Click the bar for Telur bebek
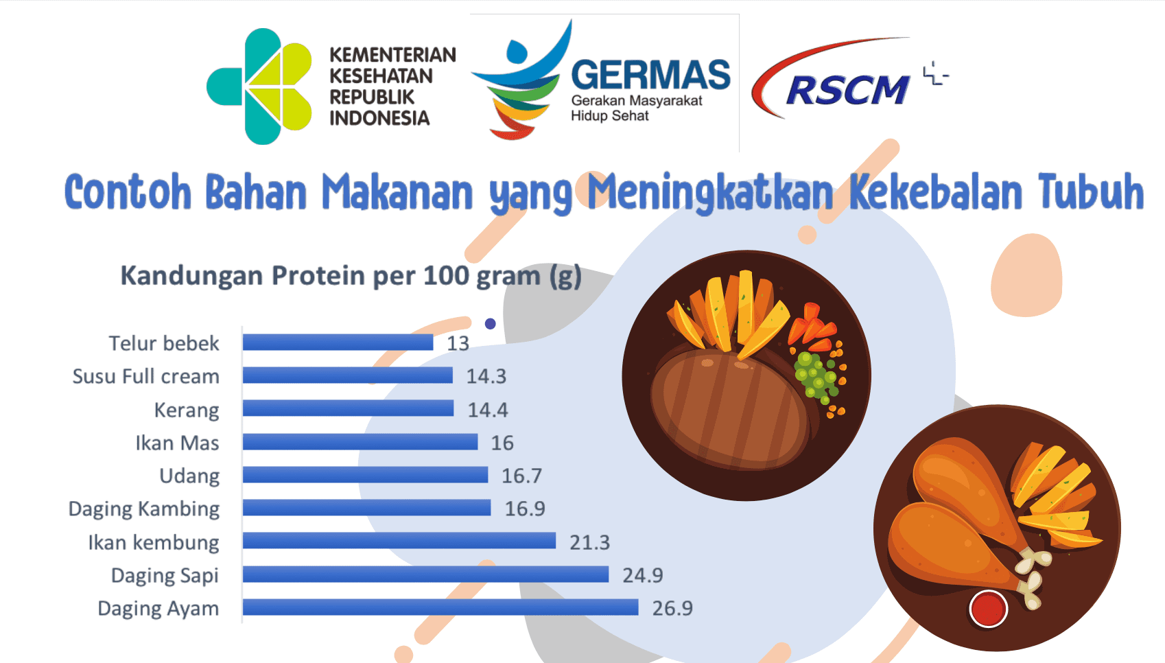(x=338, y=342)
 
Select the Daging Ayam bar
(x=440, y=607)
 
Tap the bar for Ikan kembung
(x=399, y=541)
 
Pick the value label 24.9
(x=643, y=575)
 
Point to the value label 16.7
(x=521, y=476)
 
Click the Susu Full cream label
(x=145, y=376)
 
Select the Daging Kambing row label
(x=144, y=509)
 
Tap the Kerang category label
(x=187, y=410)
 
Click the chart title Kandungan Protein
(x=351, y=277)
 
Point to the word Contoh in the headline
(x=128, y=193)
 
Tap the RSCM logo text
(x=848, y=90)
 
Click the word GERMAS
(x=650, y=75)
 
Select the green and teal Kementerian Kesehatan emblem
(x=259, y=86)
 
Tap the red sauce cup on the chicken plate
(x=988, y=609)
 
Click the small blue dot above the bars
(x=490, y=324)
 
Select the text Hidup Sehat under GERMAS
(x=609, y=115)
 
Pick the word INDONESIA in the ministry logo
(x=379, y=118)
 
